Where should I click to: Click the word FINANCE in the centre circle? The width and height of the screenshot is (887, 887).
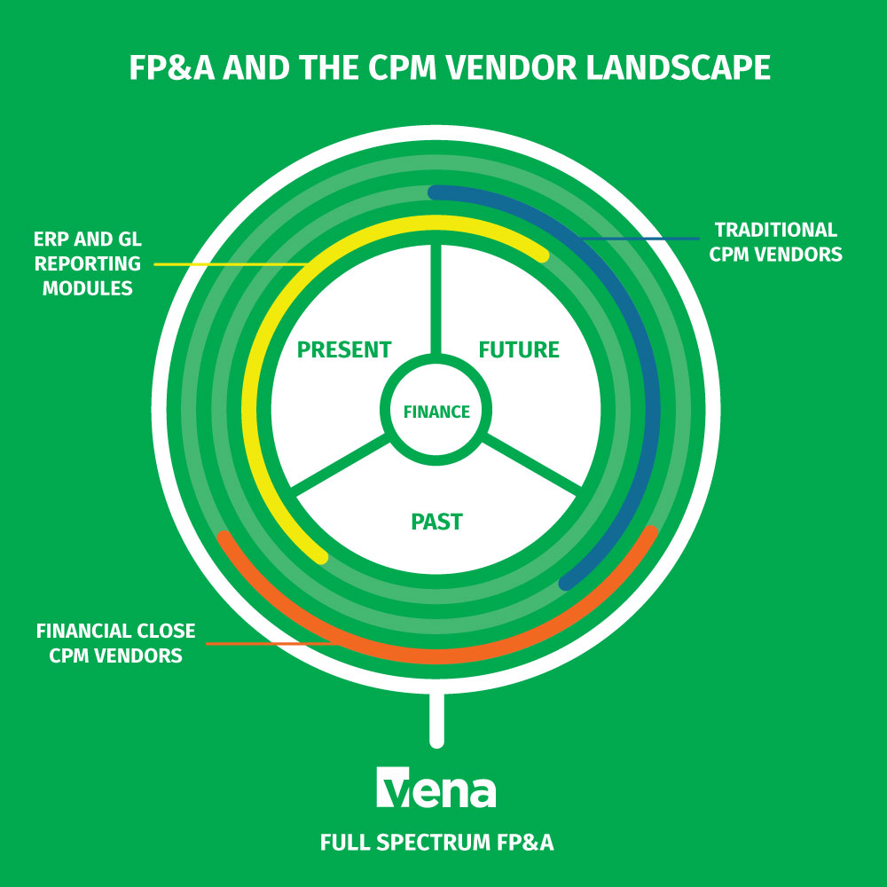tap(436, 412)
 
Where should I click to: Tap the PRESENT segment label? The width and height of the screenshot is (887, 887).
tap(344, 349)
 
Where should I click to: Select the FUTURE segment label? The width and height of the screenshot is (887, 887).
tap(519, 349)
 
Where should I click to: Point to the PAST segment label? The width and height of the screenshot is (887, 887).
tap(436, 522)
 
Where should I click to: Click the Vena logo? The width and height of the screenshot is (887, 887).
tap(436, 787)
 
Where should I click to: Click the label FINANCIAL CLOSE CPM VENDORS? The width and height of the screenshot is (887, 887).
tap(115, 644)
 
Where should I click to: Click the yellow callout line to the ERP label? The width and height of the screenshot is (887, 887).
tap(231, 263)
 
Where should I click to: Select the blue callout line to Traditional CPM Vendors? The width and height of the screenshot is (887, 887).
tap(639, 238)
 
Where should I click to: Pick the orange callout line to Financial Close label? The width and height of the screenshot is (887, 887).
tap(266, 642)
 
